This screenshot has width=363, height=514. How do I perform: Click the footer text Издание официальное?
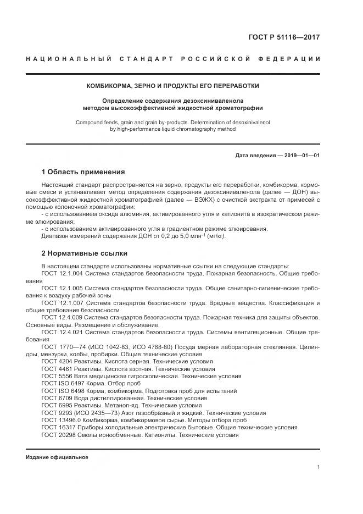(57, 457)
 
